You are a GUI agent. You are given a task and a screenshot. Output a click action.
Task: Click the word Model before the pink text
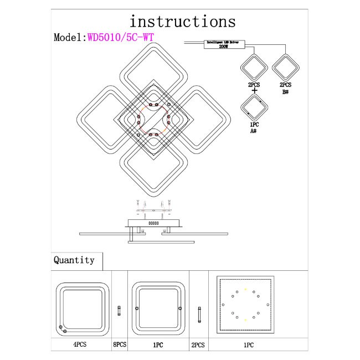[x=68, y=38]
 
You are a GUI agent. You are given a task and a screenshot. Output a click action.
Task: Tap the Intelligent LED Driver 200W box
[x=225, y=44]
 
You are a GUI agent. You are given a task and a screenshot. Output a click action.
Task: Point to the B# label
[x=286, y=91]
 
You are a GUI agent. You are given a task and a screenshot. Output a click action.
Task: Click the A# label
[x=253, y=131]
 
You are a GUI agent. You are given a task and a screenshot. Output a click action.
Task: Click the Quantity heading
[x=74, y=260]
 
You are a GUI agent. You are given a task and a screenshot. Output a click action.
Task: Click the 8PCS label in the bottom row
[x=119, y=344]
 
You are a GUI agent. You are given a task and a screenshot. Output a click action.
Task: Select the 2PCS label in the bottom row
[x=198, y=344]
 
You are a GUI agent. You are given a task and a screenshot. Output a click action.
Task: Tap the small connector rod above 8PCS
[x=119, y=311]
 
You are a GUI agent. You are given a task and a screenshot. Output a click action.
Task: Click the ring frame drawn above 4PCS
[x=85, y=307]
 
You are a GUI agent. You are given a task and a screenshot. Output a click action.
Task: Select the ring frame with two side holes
[x=158, y=307]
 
